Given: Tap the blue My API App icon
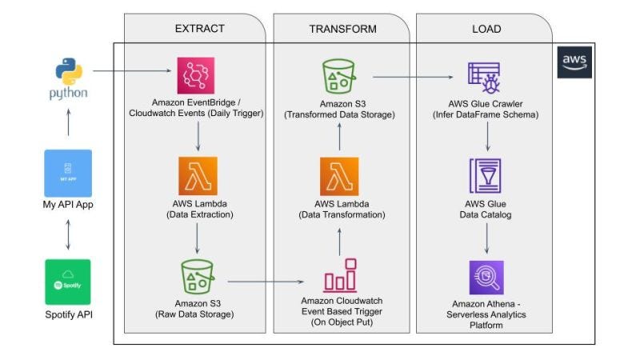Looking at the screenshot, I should pyautogui.click(x=68, y=172).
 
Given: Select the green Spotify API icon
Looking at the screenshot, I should pyautogui.click(x=68, y=282).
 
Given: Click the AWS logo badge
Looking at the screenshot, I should pyautogui.click(x=574, y=62).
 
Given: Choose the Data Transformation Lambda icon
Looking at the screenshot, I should pyautogui.click(x=339, y=177).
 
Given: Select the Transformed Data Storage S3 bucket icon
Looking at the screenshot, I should pyautogui.click(x=339, y=77).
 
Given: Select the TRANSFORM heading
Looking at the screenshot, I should pyautogui.click(x=342, y=29).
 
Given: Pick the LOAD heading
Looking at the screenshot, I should pyautogui.click(x=486, y=29).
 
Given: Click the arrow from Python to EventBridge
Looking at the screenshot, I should pyautogui.click(x=132, y=72).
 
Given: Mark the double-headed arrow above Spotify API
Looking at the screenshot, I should pyautogui.click(x=68, y=234).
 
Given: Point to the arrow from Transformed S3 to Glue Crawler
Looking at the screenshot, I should pyautogui.click(x=416, y=78).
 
